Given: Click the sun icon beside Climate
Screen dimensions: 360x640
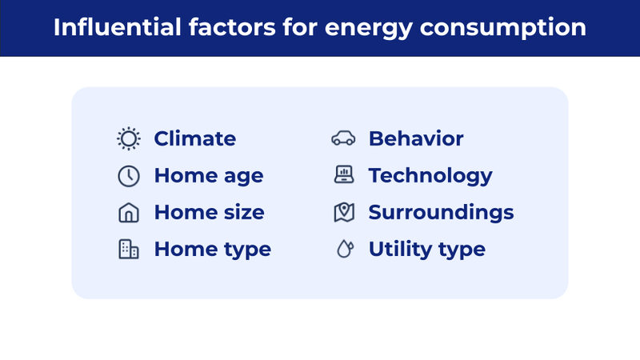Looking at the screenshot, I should click(128, 139).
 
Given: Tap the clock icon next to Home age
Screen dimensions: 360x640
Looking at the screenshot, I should click(128, 176).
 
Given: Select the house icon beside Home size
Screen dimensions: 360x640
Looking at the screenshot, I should click(128, 213).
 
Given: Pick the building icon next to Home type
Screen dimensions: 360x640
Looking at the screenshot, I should click(128, 250).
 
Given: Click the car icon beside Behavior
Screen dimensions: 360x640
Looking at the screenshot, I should click(343, 139).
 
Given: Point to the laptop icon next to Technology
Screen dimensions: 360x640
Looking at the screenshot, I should click(343, 175).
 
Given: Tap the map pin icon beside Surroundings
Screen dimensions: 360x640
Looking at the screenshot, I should click(343, 213).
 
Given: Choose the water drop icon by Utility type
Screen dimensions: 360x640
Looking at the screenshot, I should click(343, 250).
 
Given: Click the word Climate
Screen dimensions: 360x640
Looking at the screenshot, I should click(194, 139).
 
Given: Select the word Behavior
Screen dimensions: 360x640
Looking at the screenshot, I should click(415, 139).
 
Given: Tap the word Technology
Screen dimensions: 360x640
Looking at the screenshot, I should click(430, 176).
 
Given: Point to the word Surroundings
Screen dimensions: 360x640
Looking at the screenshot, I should click(441, 213).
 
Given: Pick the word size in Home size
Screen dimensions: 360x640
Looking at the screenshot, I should click(244, 213).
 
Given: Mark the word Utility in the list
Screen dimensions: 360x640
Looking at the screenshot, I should click(398, 250).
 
